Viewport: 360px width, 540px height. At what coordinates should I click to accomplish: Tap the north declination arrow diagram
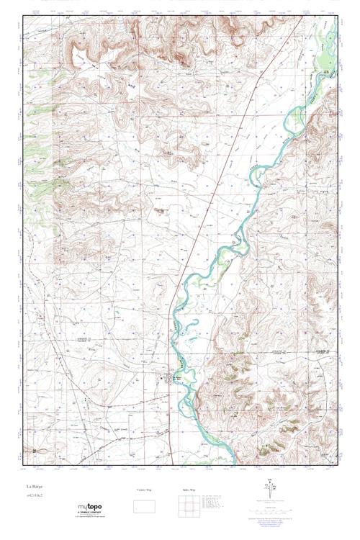point(269,492)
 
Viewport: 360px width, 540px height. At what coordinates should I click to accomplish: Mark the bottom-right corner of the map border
point(338,466)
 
